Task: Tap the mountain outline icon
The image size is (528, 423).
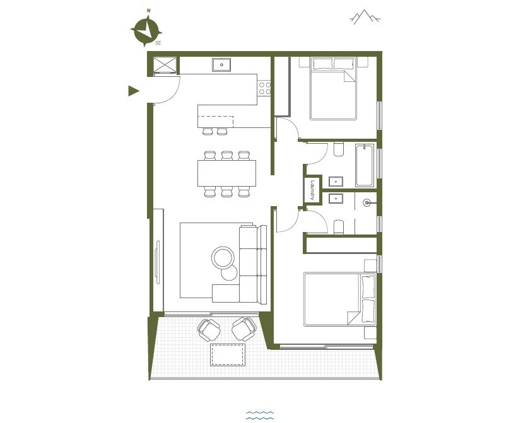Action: point(365,17)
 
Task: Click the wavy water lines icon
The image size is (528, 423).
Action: point(260,415)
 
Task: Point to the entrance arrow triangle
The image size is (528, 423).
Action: point(133,91)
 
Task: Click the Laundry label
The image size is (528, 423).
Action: point(312,190)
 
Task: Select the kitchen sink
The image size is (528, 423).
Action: point(221,64)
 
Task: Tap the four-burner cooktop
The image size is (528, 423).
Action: point(264,88)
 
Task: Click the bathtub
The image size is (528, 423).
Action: point(365,165)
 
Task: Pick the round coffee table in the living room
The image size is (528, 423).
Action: point(223,258)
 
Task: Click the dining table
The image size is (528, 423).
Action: point(226,173)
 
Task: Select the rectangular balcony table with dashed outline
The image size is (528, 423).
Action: point(228,355)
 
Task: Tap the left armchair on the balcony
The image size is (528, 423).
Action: point(209,330)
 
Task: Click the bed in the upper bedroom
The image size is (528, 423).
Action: point(333,88)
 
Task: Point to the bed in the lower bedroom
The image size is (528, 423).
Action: point(339,299)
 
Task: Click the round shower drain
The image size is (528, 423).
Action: point(367,202)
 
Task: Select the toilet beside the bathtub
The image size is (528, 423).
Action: point(339,149)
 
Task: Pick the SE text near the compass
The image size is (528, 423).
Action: point(158,43)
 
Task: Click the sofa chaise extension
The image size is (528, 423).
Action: point(226,293)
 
